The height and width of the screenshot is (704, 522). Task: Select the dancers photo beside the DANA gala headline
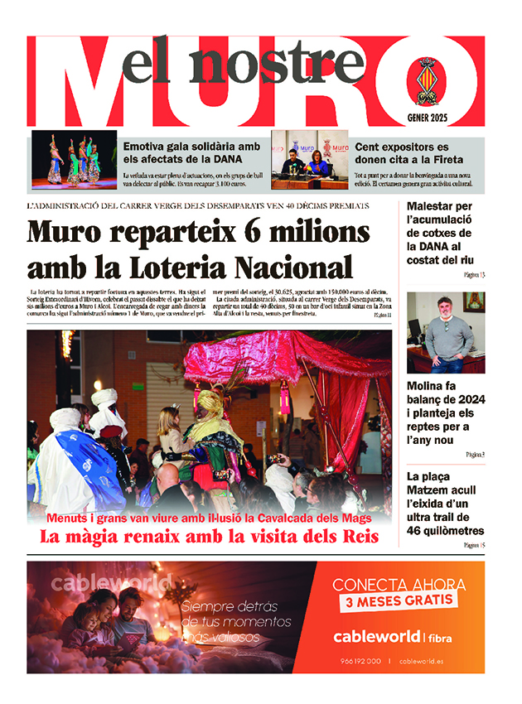tap(74, 159)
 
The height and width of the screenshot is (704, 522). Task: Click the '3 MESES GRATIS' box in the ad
tap(399, 600)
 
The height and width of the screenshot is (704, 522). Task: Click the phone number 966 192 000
tap(360, 660)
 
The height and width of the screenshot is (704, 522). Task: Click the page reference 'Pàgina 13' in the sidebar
tap(475, 274)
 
